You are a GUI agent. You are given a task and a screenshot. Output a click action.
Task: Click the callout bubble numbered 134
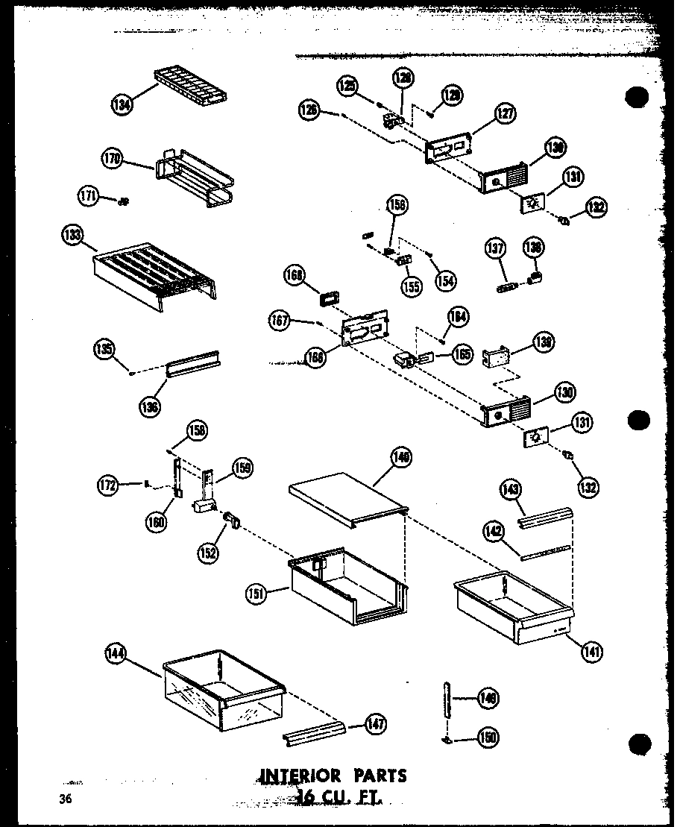pyautogui.click(x=122, y=105)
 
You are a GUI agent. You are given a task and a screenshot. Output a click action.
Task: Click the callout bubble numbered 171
pyautogui.click(x=87, y=196)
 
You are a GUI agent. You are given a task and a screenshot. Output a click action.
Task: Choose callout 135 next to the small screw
pyautogui.click(x=104, y=348)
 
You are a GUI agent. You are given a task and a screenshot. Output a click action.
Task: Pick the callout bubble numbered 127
pyautogui.click(x=505, y=114)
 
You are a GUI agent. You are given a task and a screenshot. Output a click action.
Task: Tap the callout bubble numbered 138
pyautogui.click(x=535, y=248)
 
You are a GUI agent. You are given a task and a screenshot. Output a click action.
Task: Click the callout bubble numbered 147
pyautogui.click(x=376, y=723)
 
